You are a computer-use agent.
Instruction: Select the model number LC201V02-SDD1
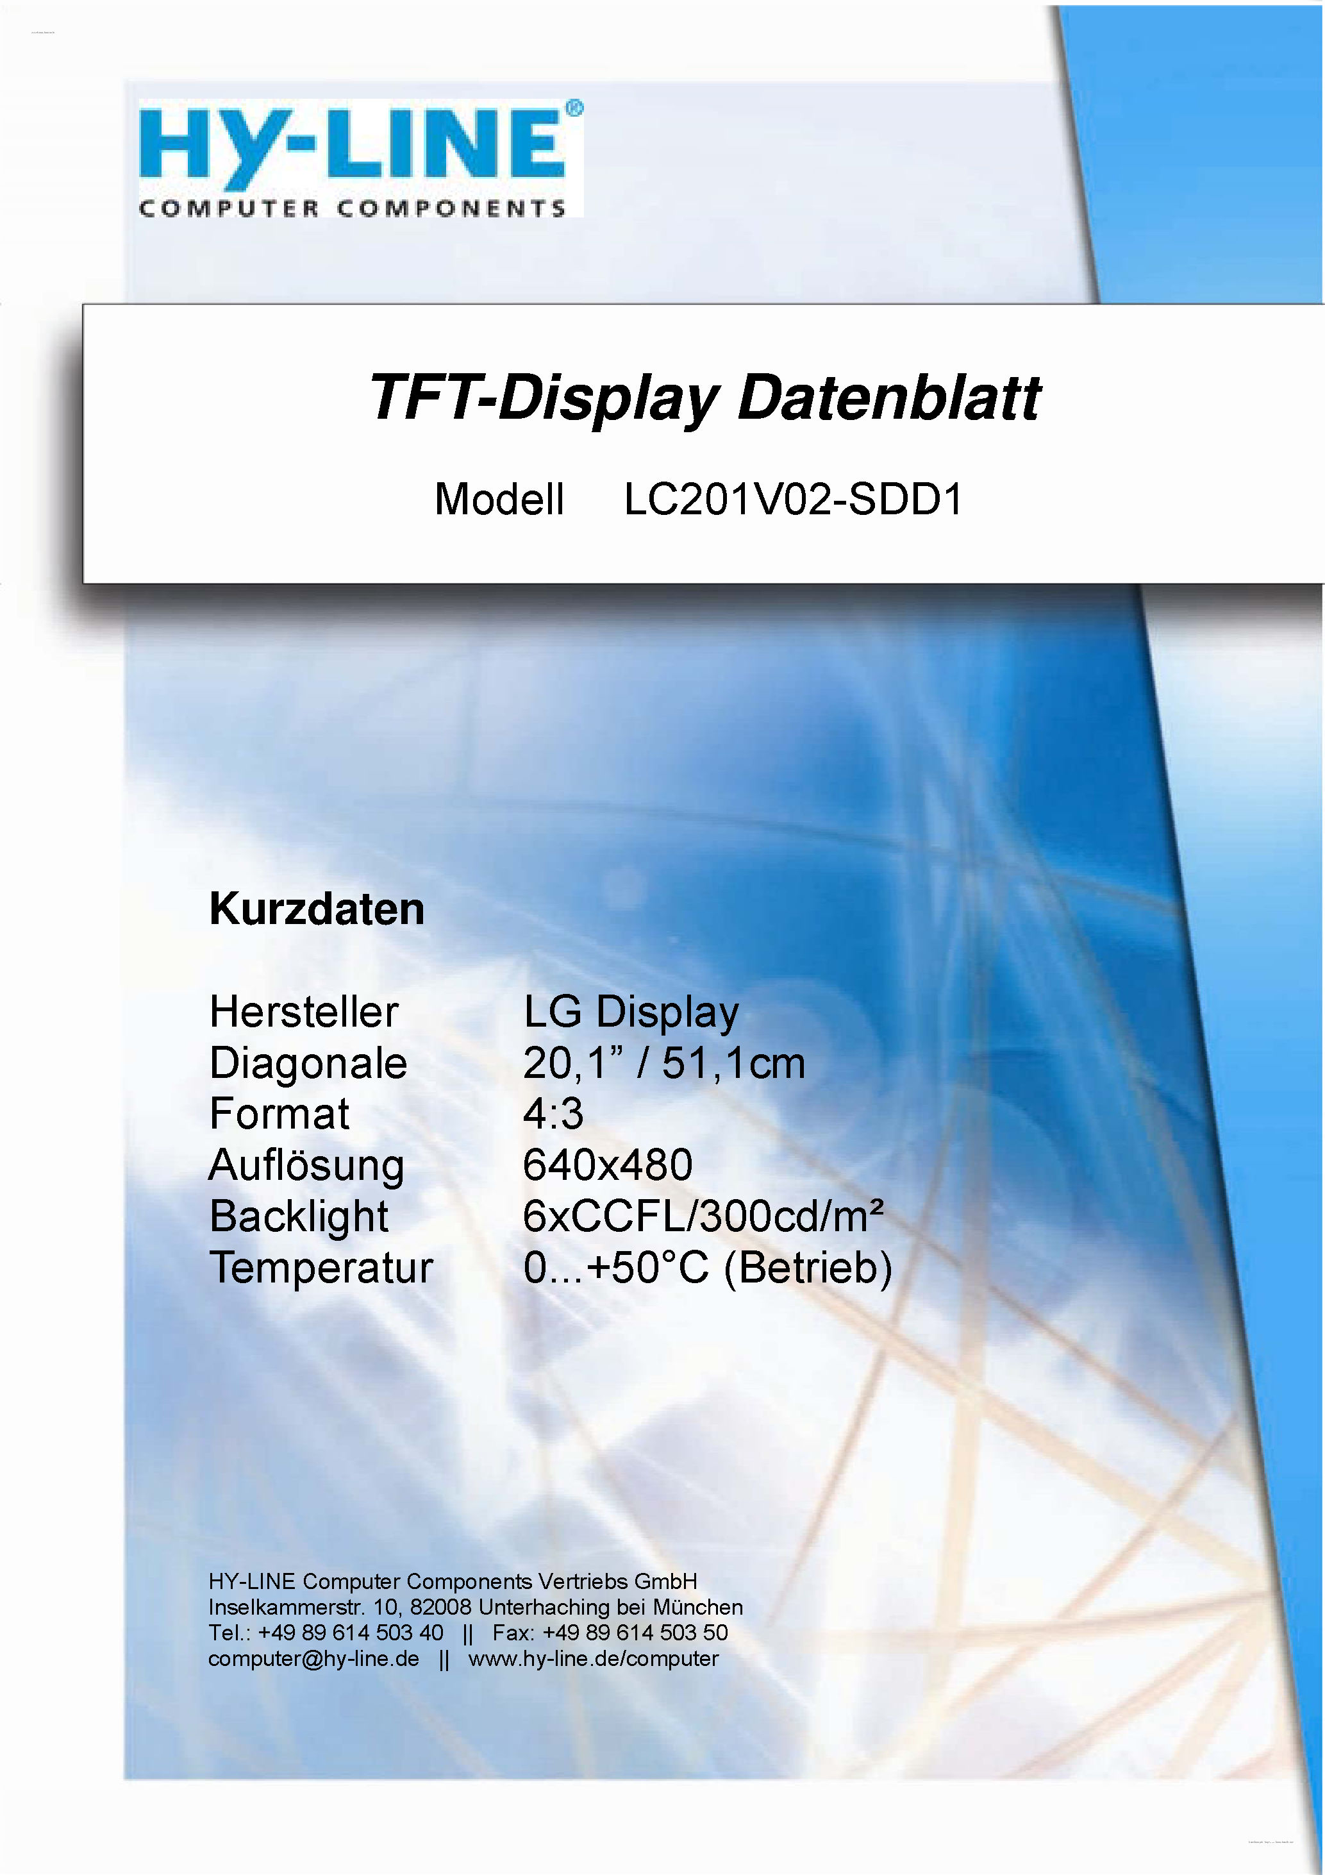click(794, 499)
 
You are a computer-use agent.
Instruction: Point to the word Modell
click(499, 499)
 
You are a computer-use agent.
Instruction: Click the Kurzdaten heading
click(317, 909)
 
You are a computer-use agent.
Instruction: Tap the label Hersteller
click(304, 1012)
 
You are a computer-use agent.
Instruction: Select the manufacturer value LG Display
click(631, 1013)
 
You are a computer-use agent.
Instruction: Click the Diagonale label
click(308, 1063)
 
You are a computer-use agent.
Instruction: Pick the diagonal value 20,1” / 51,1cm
click(663, 1063)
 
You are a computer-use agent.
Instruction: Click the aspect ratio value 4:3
click(553, 1114)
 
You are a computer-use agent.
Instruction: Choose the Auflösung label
click(306, 1165)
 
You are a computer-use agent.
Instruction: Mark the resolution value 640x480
click(608, 1165)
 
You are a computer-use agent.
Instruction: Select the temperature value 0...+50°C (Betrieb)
click(707, 1268)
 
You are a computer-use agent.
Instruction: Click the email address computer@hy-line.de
click(313, 1659)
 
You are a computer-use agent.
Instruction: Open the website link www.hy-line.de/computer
click(594, 1659)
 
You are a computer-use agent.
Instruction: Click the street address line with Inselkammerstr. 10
click(475, 1607)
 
